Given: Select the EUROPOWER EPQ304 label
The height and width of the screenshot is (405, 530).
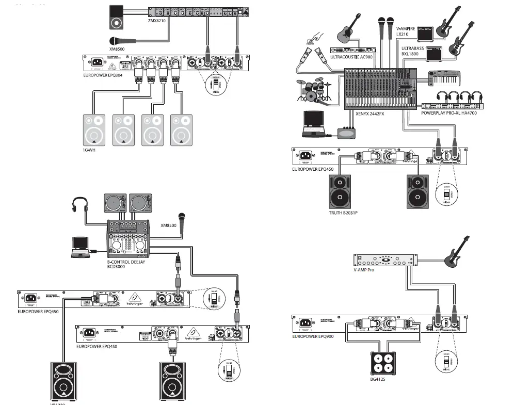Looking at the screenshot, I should click(106, 75).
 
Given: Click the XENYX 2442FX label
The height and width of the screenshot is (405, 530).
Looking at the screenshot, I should click(370, 114).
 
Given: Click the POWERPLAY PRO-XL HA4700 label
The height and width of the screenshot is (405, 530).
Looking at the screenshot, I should click(448, 112).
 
